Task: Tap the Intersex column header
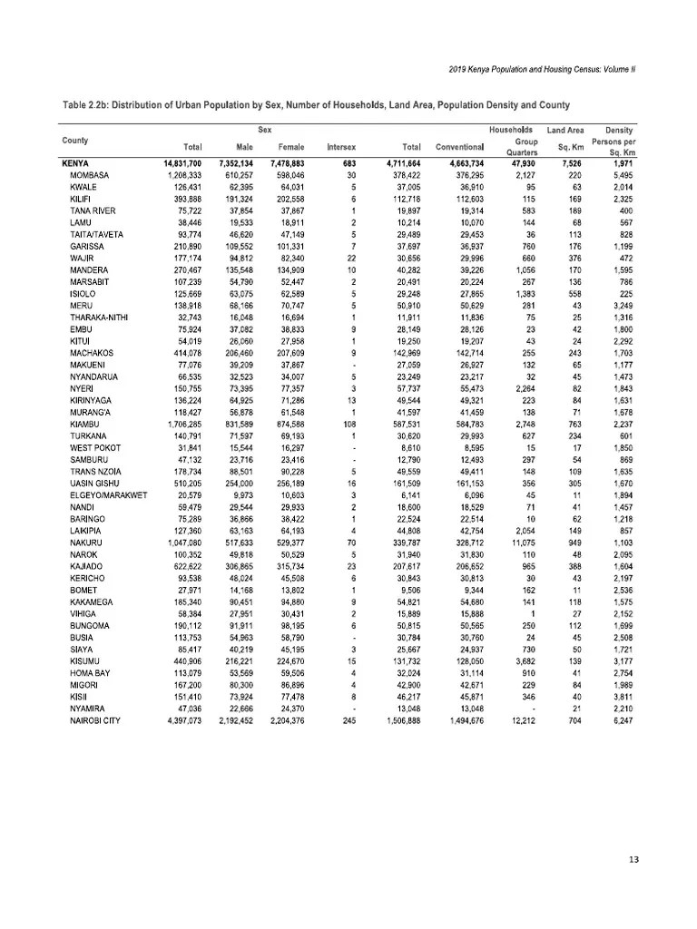[x=341, y=146]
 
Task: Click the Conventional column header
[x=460, y=146]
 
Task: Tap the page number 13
[x=634, y=859]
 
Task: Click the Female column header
[x=290, y=146]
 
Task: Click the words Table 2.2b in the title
[x=85, y=104]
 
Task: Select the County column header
[x=75, y=141]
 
